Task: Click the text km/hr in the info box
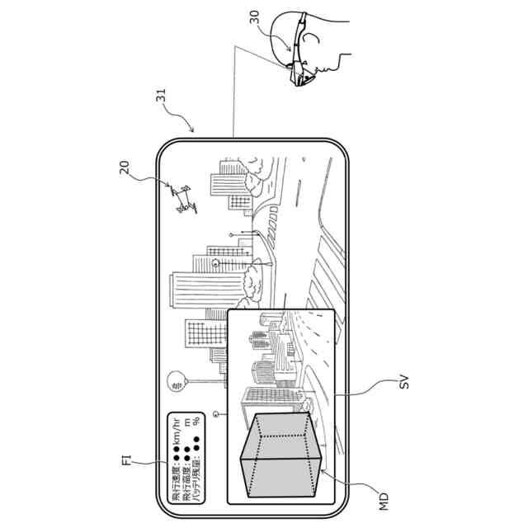click(177, 430)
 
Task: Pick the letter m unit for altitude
click(187, 422)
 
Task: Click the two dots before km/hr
click(177, 454)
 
